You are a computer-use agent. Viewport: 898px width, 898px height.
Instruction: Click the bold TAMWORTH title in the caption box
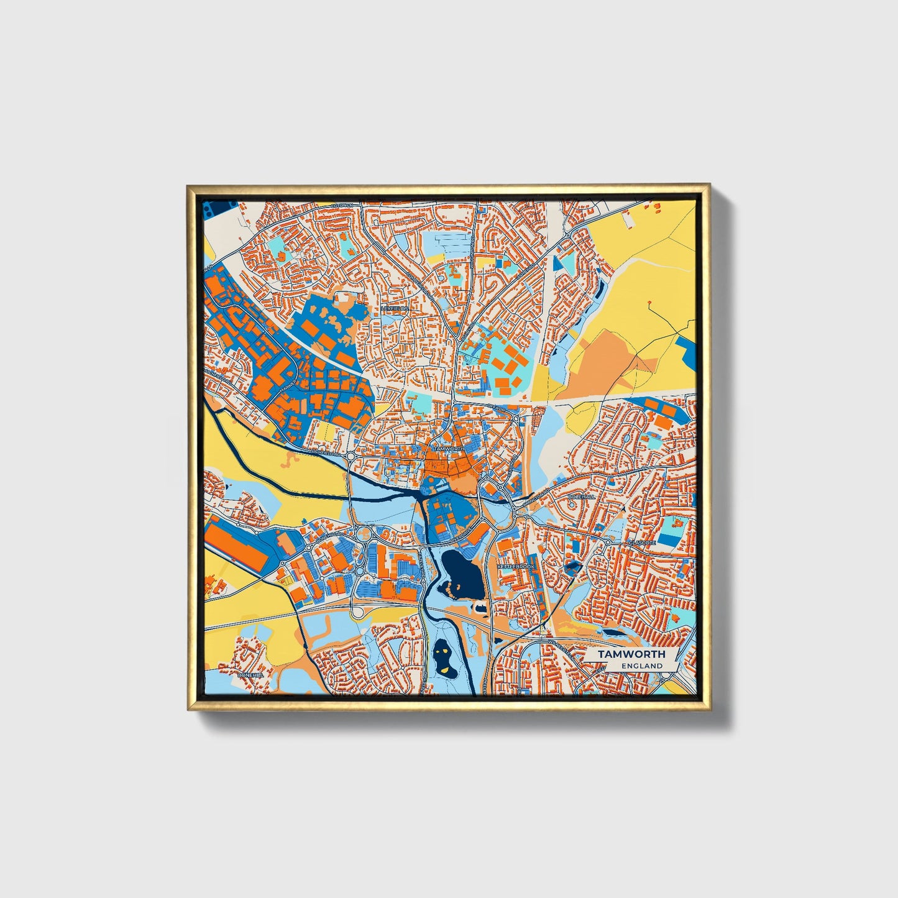631,654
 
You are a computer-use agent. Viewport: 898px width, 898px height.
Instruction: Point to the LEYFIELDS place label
396,308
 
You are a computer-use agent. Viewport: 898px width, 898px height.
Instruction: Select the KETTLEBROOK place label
515,567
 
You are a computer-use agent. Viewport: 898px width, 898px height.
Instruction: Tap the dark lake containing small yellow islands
442,656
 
